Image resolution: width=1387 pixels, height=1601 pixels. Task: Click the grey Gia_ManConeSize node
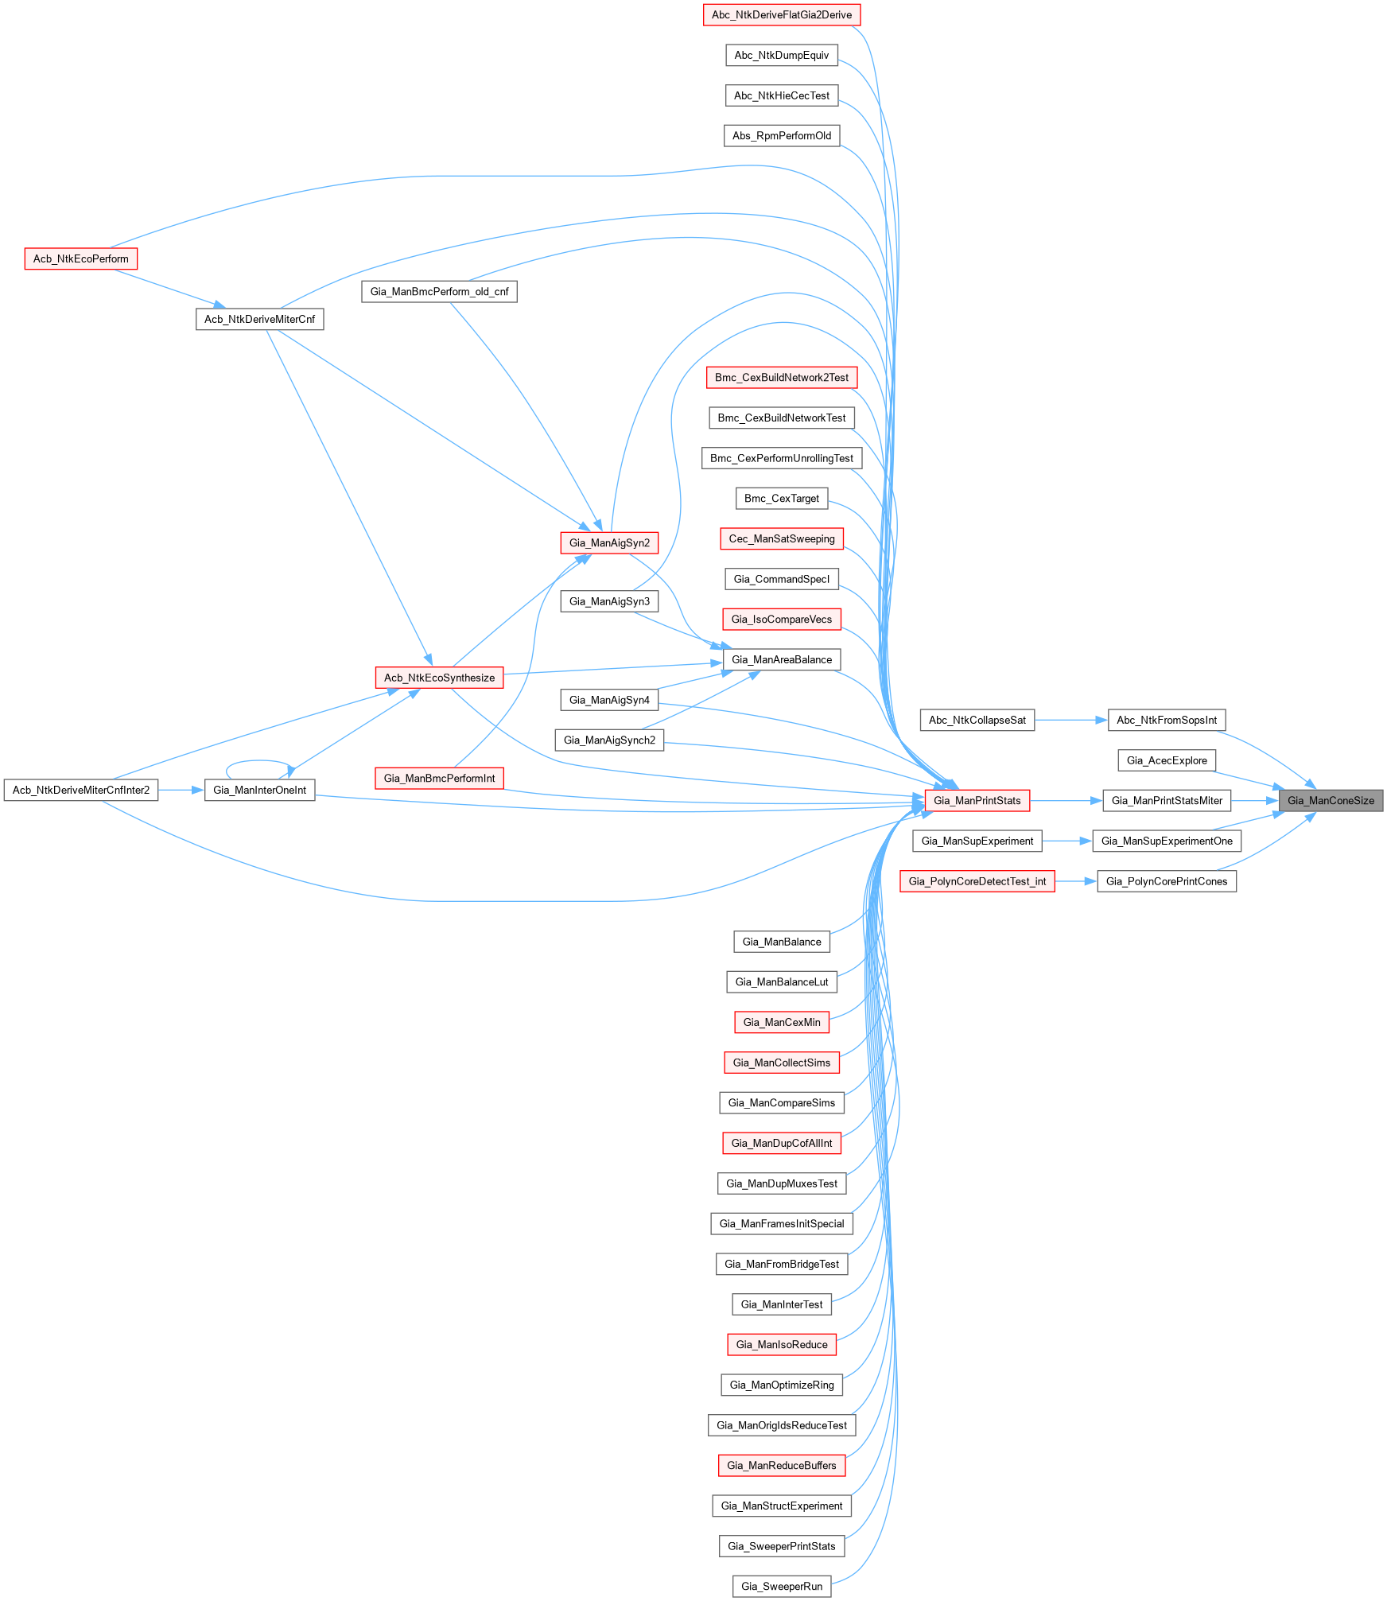tap(1331, 800)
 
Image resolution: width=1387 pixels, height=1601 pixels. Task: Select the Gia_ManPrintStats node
tap(977, 800)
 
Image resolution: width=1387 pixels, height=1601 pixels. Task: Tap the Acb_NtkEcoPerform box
tap(80, 258)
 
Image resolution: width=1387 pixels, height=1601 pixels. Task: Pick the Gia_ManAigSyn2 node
tap(609, 542)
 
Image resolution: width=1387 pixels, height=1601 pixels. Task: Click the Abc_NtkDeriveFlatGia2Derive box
tap(781, 14)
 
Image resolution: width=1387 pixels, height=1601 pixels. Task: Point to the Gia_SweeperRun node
tap(781, 1586)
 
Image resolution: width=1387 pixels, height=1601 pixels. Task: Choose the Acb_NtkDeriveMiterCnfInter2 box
tap(80, 790)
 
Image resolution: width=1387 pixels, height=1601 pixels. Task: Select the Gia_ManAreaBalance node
tap(781, 659)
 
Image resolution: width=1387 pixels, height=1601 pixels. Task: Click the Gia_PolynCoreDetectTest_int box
tap(977, 881)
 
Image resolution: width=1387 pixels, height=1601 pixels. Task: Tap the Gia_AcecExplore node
tap(1166, 760)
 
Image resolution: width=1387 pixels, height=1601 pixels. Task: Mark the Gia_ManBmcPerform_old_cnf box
tap(439, 291)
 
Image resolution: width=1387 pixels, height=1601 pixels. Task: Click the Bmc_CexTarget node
tap(781, 498)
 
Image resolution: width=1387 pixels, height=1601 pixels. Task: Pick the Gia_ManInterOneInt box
tap(259, 790)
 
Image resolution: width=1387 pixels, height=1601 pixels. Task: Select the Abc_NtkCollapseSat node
tap(977, 720)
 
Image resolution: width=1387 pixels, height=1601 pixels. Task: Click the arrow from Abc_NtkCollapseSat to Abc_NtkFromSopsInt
tap(1070, 720)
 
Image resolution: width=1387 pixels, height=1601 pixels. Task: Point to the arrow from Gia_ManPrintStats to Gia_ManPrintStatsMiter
tap(1066, 800)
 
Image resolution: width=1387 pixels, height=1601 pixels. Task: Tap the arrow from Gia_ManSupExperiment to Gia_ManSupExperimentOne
tap(1066, 841)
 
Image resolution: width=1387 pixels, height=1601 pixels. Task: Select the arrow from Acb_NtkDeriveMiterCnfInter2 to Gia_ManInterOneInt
tap(181, 790)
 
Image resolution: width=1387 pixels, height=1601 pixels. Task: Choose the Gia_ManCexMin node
tap(781, 1022)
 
